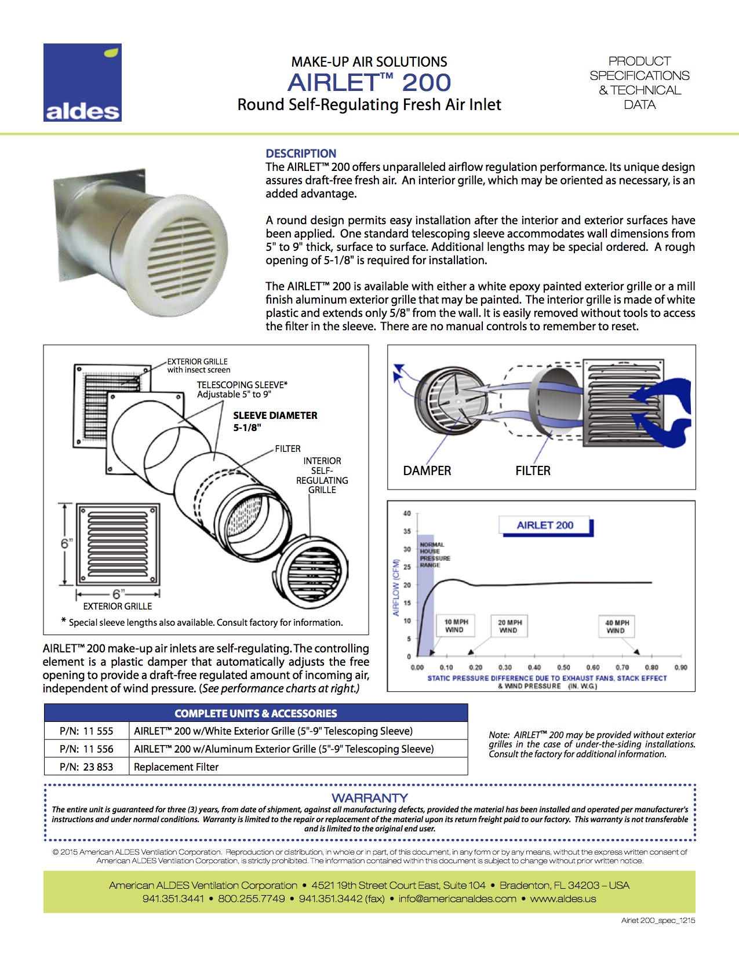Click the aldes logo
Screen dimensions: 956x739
[82, 82]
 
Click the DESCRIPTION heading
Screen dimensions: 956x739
[301, 154]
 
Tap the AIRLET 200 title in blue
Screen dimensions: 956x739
[369, 82]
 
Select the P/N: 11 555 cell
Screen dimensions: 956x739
[86, 731]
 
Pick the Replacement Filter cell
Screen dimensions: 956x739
[176, 767]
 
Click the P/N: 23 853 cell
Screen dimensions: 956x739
[86, 767]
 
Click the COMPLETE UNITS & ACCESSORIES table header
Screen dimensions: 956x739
[256, 713]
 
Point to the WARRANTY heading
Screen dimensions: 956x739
[370, 798]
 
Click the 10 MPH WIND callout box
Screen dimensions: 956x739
[456, 626]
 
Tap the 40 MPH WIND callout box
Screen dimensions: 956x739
[617, 626]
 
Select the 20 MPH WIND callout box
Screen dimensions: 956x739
[509, 626]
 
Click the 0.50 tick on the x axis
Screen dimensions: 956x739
[563, 667]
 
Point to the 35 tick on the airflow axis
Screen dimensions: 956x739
[407, 531]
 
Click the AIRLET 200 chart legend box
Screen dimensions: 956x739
[545, 526]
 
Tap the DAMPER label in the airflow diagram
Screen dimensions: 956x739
[427, 471]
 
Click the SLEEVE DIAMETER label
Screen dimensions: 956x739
[275, 415]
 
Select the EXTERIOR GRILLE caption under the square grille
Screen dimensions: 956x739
[118, 606]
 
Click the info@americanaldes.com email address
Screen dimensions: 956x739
[457, 899]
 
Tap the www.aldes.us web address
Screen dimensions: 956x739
[563, 899]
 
